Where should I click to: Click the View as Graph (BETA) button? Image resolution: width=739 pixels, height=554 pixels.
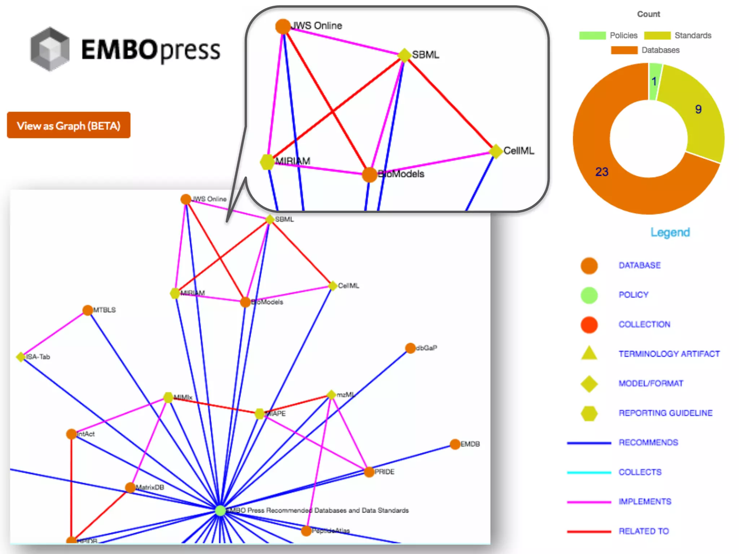(x=69, y=125)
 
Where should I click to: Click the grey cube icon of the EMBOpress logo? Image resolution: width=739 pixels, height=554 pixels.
(x=50, y=49)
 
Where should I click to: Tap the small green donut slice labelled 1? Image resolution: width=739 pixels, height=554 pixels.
(x=655, y=81)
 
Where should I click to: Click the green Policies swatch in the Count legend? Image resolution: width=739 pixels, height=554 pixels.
(x=592, y=35)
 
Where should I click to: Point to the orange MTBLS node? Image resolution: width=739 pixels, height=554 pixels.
(x=88, y=310)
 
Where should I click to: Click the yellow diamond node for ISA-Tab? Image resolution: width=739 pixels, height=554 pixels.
(x=21, y=357)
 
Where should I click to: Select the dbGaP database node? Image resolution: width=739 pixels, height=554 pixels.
(x=410, y=348)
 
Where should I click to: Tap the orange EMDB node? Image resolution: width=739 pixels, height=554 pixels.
(x=455, y=444)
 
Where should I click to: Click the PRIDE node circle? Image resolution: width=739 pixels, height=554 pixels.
(x=369, y=472)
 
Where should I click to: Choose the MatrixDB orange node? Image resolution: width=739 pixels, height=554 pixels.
(x=130, y=488)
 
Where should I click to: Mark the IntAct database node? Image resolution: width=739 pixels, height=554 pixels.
(x=71, y=434)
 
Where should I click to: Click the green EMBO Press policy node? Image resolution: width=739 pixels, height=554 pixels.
(x=220, y=510)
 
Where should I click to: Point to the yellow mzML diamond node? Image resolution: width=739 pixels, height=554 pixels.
(x=331, y=395)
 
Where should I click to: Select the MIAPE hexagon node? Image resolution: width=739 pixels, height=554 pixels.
(x=260, y=414)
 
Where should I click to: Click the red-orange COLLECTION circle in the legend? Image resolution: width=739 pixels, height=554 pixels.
(x=589, y=324)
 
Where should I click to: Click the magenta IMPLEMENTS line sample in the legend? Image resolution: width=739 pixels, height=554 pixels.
(x=589, y=502)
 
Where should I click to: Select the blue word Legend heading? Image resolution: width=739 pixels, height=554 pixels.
(x=670, y=232)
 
